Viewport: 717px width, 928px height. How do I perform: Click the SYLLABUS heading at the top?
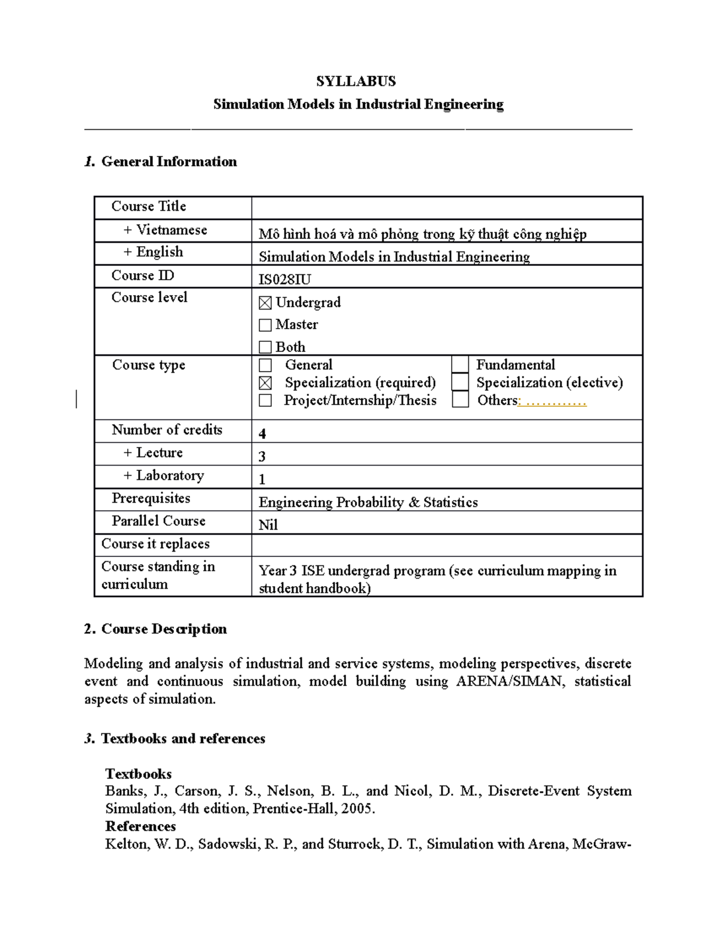[356, 81]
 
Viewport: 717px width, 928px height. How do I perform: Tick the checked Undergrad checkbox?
[265, 303]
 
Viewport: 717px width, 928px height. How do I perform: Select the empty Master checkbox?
[265, 325]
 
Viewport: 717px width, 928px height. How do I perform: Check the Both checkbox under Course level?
[265, 347]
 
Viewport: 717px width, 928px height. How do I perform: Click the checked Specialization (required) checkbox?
[265, 383]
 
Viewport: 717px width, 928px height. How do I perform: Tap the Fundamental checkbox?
[460, 365]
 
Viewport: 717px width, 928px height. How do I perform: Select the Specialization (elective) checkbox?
[460, 382]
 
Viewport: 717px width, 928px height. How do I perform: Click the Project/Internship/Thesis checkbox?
[265, 400]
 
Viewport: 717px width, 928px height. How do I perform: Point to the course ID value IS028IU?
[284, 279]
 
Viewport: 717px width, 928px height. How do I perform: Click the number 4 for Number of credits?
[262, 433]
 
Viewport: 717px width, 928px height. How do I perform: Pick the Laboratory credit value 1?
[262, 479]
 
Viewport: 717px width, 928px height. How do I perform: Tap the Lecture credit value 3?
[262, 457]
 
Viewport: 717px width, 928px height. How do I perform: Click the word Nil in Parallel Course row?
[268, 525]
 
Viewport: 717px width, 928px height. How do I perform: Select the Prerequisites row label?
[151, 498]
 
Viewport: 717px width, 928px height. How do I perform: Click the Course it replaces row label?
[155, 544]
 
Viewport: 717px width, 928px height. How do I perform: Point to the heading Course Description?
[164, 629]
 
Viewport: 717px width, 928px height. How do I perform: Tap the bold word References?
[140, 826]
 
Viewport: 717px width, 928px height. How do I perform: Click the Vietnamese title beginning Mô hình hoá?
[422, 234]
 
